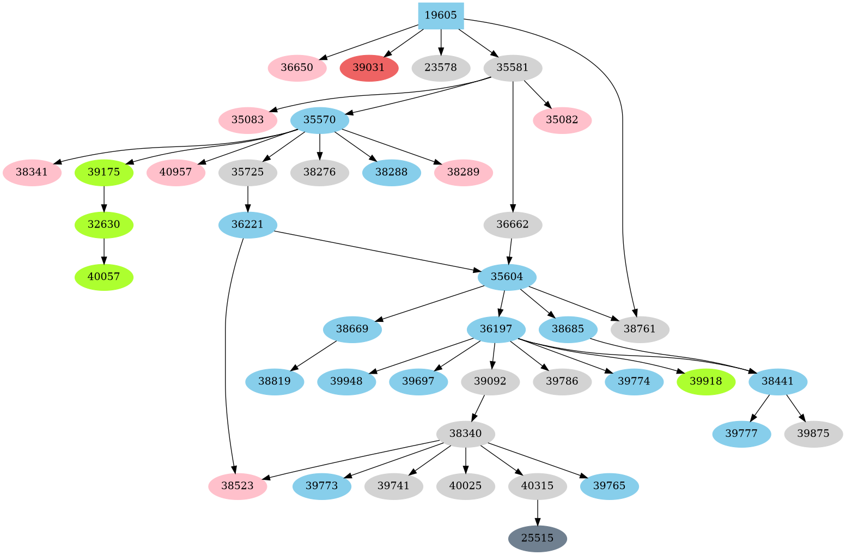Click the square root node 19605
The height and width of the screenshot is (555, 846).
tap(441, 15)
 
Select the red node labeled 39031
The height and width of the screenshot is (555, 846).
tap(369, 68)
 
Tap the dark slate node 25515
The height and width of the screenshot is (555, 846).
tap(537, 538)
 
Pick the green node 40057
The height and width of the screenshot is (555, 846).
tap(104, 277)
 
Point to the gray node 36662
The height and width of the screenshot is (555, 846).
tap(513, 225)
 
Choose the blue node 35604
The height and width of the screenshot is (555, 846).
tap(507, 277)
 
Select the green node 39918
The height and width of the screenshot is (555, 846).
tap(705, 381)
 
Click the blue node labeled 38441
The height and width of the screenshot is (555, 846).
tap(777, 381)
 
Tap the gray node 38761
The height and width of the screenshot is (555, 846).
tap(640, 329)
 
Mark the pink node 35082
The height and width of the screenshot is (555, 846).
tap(562, 120)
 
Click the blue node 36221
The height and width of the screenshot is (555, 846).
tap(247, 225)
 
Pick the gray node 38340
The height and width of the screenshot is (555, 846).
tap(465, 434)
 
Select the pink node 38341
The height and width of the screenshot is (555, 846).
tap(32, 173)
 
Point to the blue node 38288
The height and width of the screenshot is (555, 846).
tap(391, 173)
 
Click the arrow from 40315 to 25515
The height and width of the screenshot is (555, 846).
tap(538, 512)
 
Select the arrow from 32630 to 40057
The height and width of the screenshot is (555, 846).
tap(104, 251)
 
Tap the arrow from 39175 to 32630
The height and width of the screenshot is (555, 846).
tap(104, 199)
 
